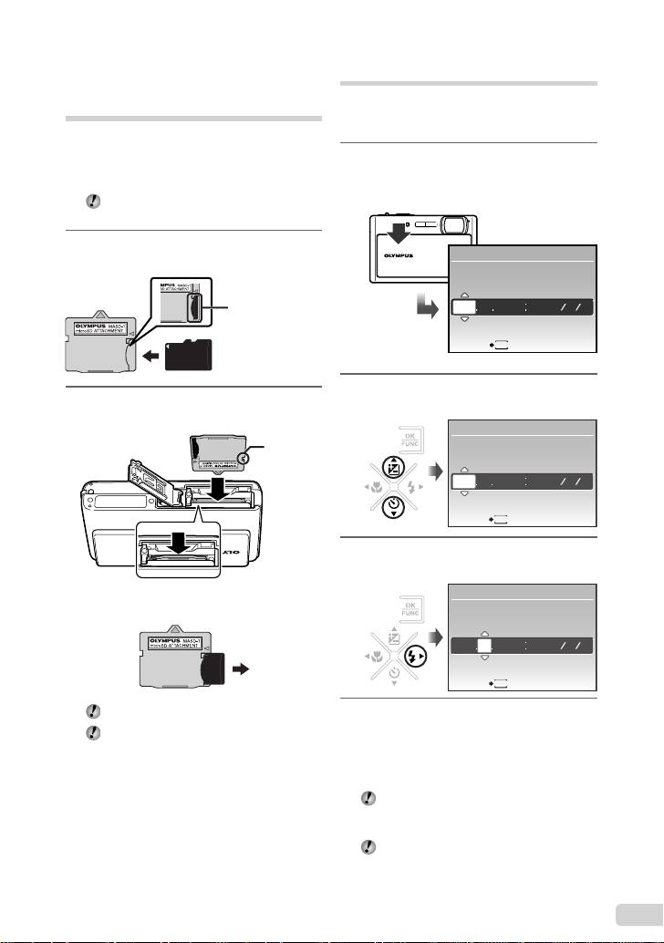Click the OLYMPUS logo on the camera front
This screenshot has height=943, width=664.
389,271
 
